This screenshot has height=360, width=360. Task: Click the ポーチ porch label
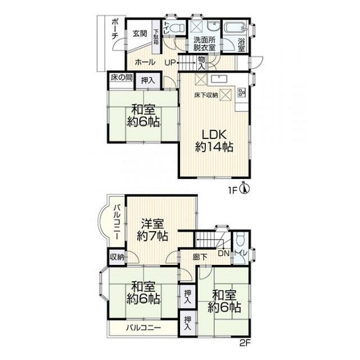pos(115,29)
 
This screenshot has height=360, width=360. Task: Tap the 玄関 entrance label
pos(139,34)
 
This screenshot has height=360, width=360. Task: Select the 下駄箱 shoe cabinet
pos(156,37)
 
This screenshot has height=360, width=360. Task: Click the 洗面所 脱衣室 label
pos(204,44)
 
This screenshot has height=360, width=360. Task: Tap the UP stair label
pos(170,62)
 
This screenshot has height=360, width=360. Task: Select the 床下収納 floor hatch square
pos(226,95)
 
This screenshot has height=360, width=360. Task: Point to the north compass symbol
pos(245,189)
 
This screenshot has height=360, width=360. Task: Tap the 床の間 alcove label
pos(121,78)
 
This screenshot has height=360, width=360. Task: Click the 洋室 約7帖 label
pos(152,230)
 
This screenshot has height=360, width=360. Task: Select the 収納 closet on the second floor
pos(117,257)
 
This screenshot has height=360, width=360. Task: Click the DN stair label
pos(224,254)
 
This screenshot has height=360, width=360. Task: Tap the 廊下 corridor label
pos(200,257)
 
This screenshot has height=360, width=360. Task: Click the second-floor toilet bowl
pos(240,240)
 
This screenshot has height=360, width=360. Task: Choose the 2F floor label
pos(245,344)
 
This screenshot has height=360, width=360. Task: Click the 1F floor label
pos(232,191)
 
